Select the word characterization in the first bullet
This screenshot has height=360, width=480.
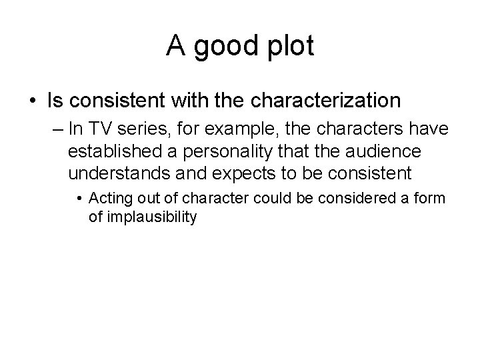pyautogui.click(x=325, y=101)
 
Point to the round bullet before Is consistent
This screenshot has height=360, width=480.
pyautogui.click(x=32, y=101)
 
